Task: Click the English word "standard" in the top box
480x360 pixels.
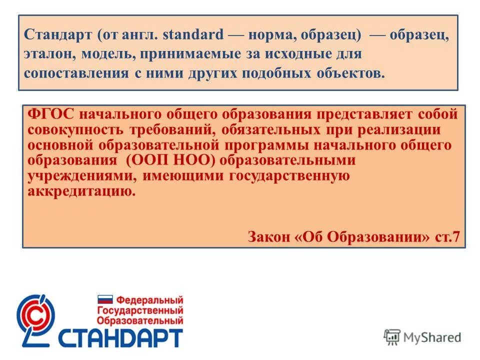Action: [x=193, y=35]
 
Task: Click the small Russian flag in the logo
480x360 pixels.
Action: [x=104, y=300]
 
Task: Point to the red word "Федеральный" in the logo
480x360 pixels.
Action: [x=149, y=300]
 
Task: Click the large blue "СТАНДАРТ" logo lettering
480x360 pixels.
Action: [x=120, y=338]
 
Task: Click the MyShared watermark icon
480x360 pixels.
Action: [x=392, y=337]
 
